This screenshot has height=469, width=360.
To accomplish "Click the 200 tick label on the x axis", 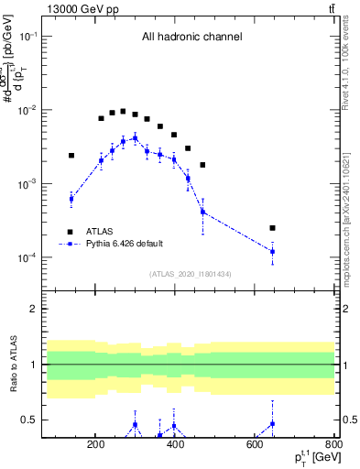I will (x=96, y=447).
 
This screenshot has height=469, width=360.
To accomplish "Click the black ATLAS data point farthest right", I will (x=272, y=227).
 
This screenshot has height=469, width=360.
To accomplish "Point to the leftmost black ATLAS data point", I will (x=71, y=156).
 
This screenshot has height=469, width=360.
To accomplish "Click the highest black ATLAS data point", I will (x=123, y=112).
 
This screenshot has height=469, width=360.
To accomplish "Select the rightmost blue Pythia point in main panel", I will (x=272, y=251).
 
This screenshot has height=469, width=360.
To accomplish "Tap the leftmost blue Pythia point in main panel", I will (x=71, y=199).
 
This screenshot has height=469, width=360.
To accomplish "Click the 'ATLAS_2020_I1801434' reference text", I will (x=191, y=274).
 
